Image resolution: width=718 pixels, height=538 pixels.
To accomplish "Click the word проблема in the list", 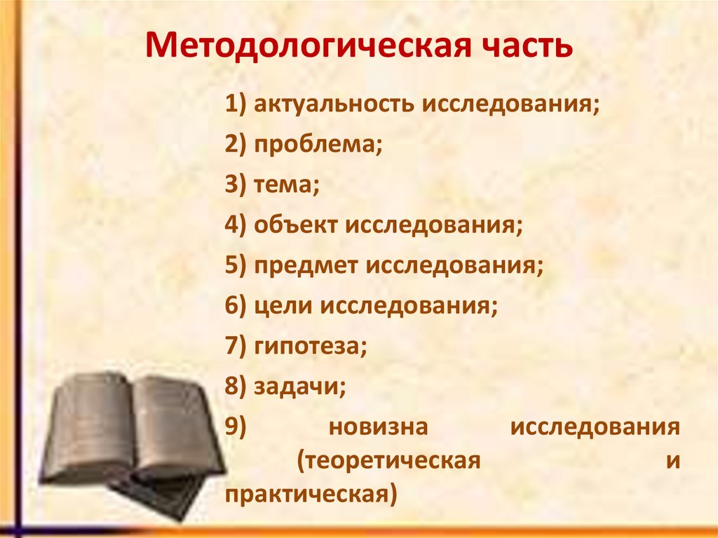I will pos(318,147).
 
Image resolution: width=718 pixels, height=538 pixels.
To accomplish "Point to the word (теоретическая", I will pos(388,462).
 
